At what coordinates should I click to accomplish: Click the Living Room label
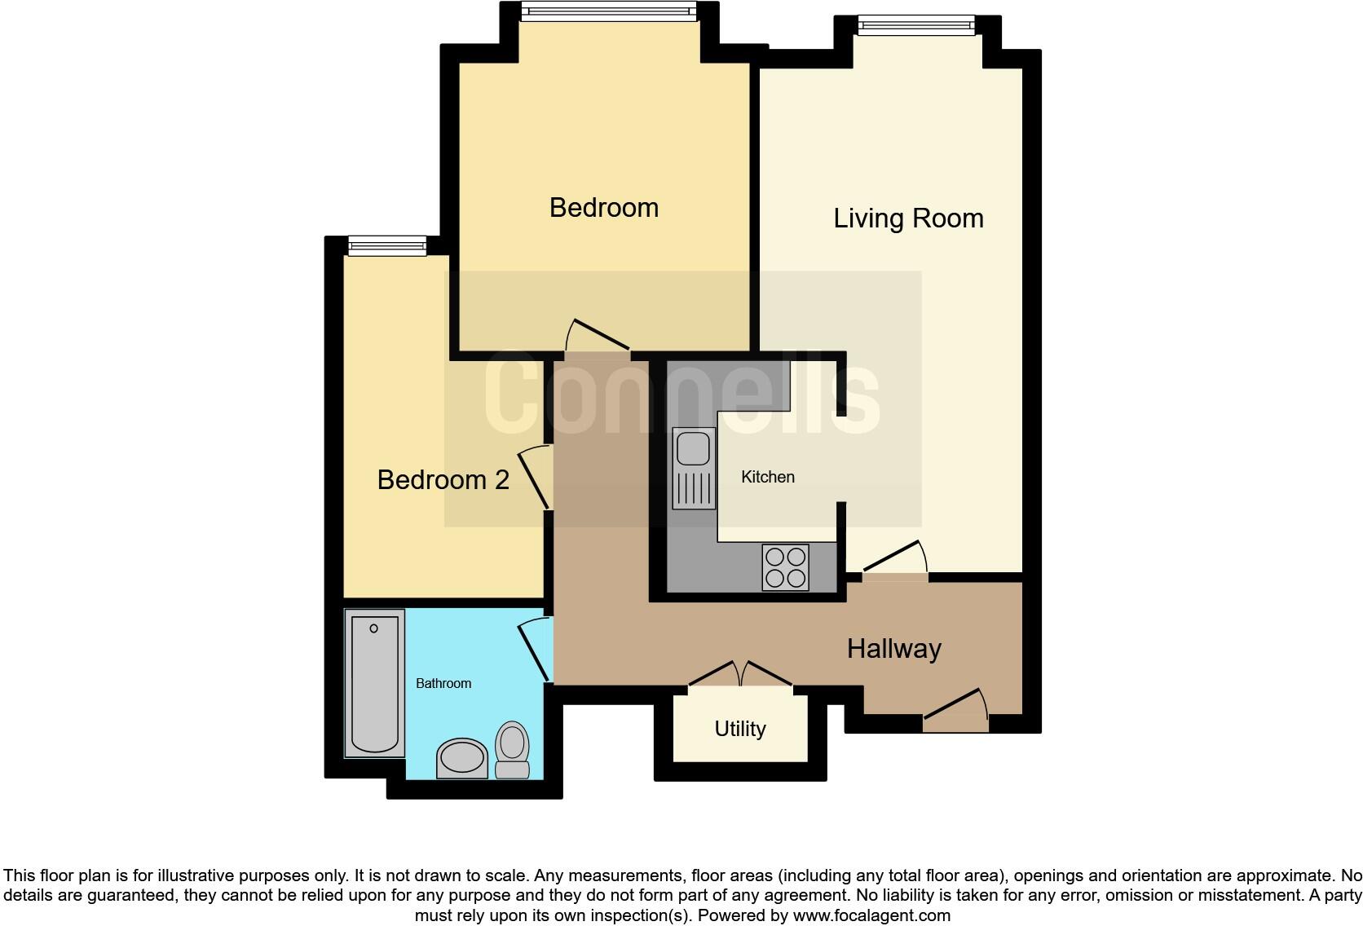point(908,218)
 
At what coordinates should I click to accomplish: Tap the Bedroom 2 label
point(443,479)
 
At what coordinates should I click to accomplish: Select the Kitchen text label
point(767,477)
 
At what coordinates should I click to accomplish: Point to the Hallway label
point(893,649)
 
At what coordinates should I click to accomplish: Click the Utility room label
point(739,729)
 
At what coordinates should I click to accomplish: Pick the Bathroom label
point(443,683)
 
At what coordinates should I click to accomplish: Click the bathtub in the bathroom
point(374,683)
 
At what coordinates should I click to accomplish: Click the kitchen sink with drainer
point(694,468)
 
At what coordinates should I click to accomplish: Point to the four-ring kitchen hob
point(786,567)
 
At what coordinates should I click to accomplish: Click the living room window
point(915,26)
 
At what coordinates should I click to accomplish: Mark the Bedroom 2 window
point(386,245)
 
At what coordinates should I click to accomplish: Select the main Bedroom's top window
point(608,11)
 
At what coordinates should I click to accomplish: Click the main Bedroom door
point(598,337)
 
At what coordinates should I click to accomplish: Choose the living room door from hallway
point(895,561)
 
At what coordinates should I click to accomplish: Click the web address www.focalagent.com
point(871,915)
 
